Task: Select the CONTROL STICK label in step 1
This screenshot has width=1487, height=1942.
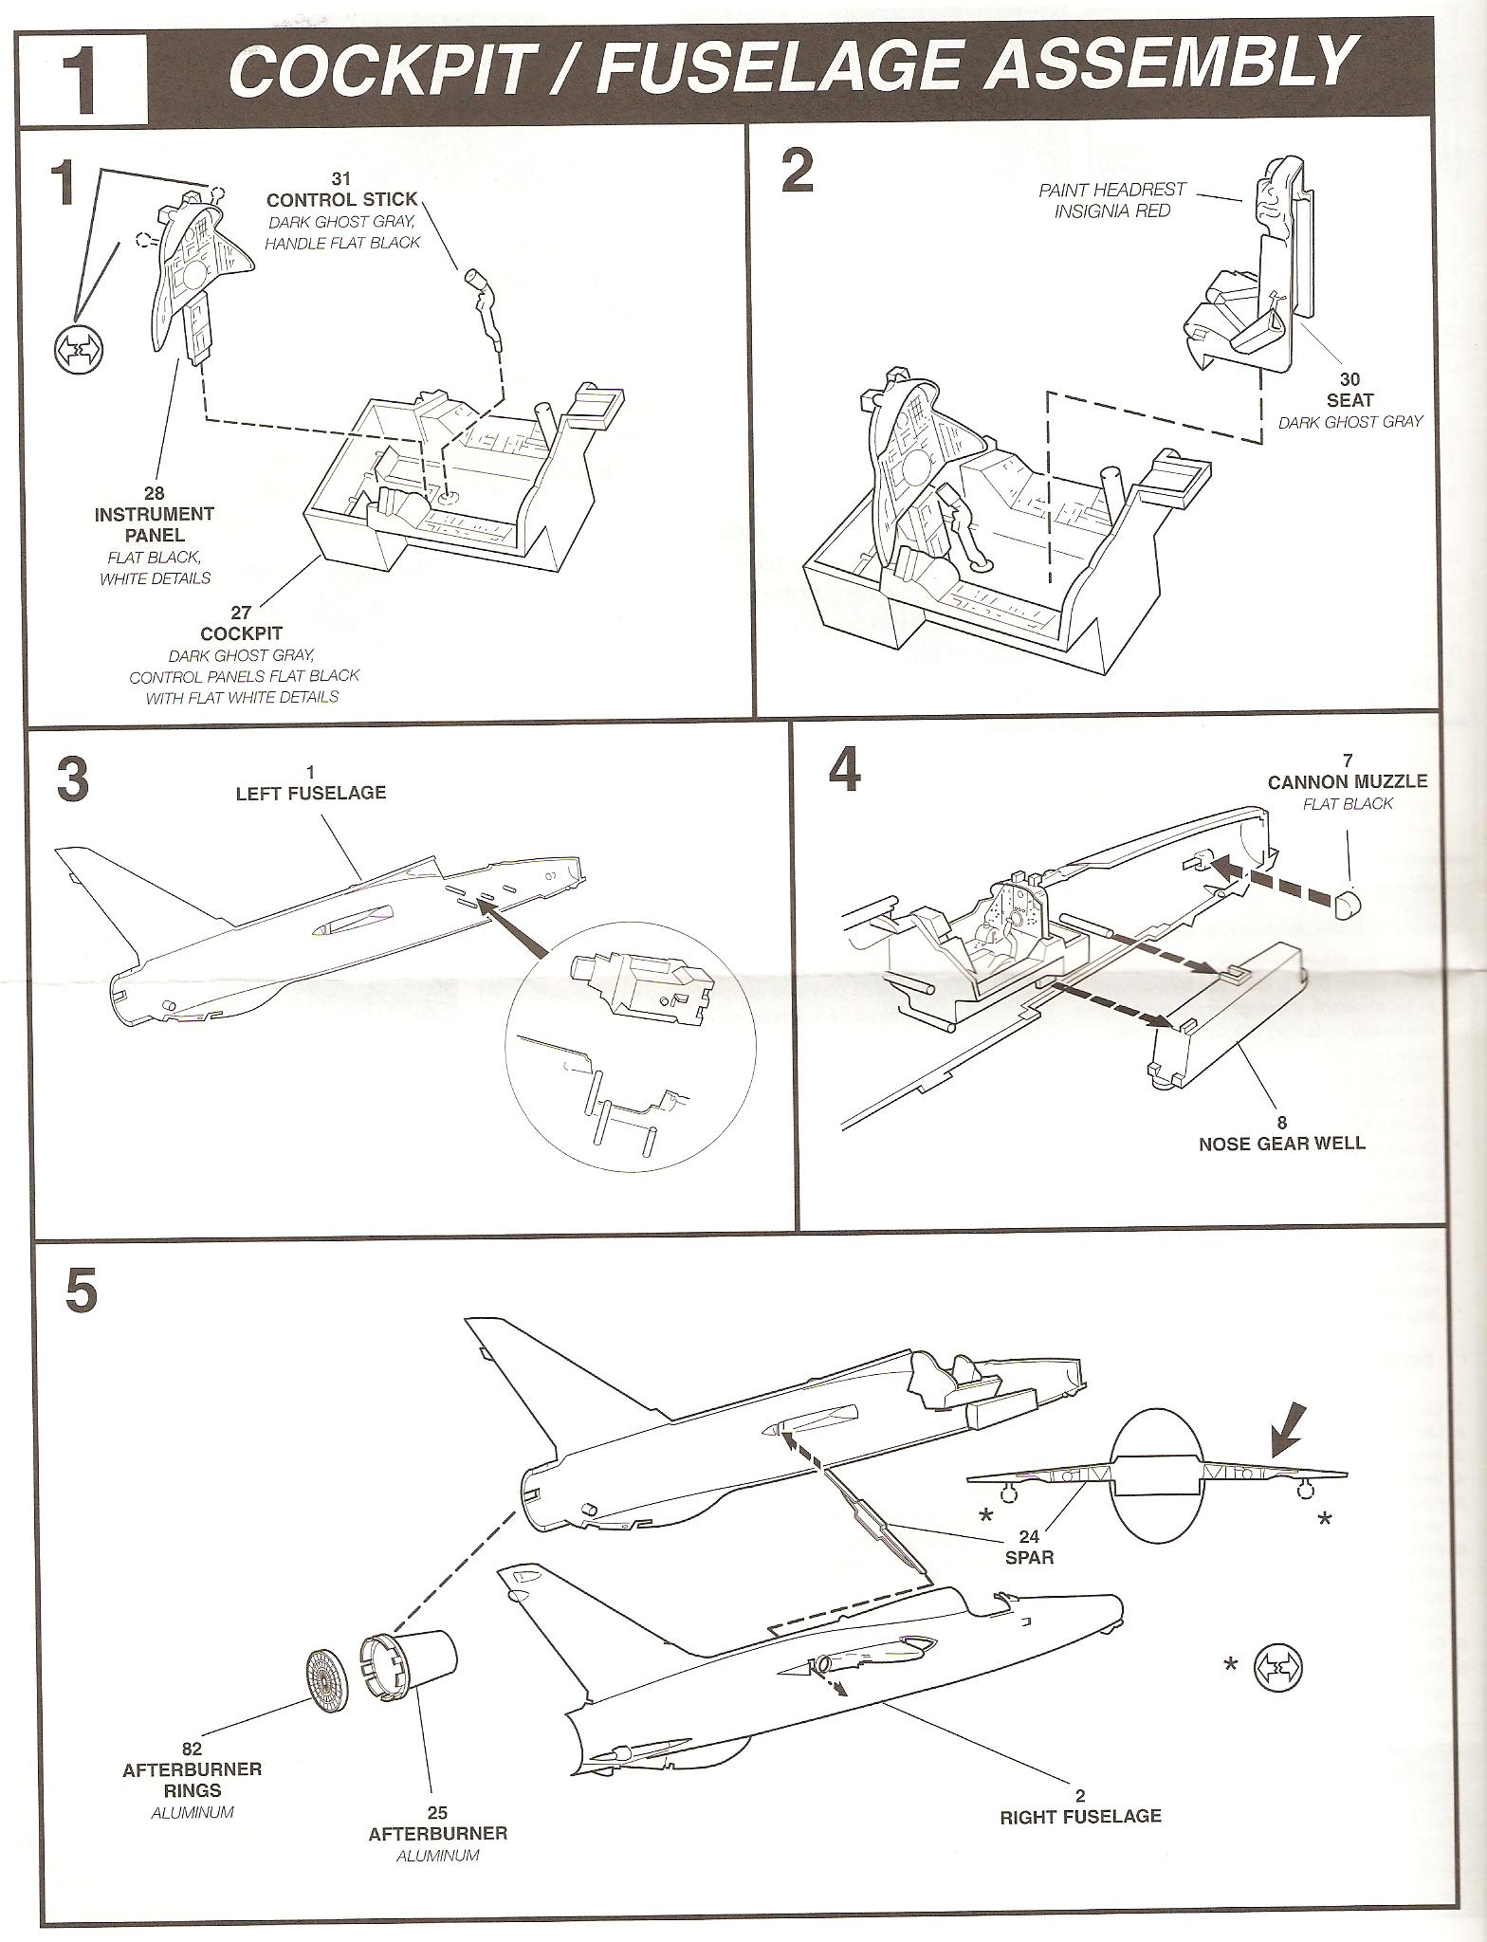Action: (341, 199)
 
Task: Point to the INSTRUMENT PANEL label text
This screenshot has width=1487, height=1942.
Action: (154, 524)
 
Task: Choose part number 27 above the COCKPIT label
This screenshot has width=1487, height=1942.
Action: (241, 614)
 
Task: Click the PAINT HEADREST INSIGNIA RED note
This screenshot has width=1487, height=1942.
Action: (1111, 200)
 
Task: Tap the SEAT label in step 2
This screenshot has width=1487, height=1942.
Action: (1350, 400)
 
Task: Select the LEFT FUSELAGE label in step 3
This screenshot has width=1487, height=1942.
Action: (311, 793)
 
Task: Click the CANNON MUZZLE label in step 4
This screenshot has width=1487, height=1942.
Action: (1348, 781)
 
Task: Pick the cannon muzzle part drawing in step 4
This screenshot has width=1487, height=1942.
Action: (1348, 904)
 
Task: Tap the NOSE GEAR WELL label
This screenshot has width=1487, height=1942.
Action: (1282, 1143)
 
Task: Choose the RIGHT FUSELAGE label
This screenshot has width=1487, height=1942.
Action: (1080, 1816)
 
